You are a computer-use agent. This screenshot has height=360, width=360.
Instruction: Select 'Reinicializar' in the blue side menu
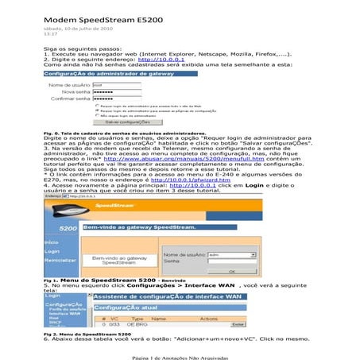[60, 260]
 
